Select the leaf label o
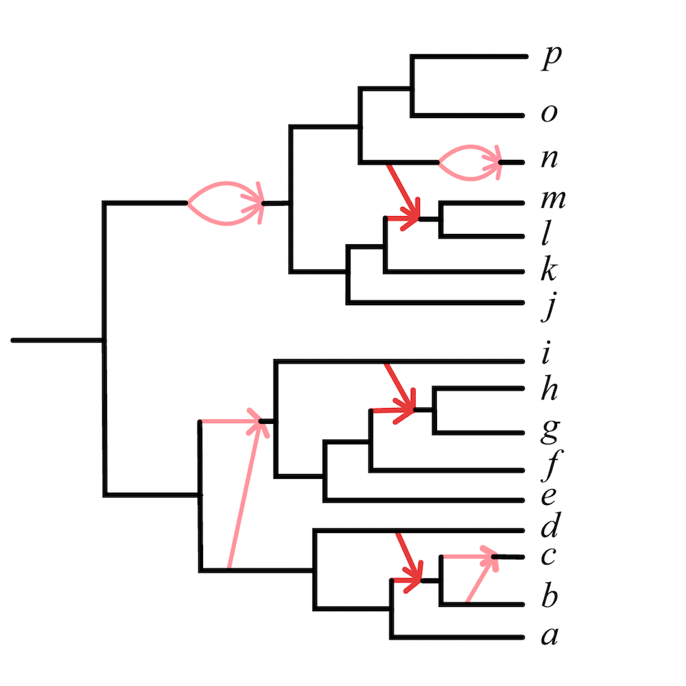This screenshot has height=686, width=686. (549, 114)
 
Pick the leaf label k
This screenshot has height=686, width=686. (549, 272)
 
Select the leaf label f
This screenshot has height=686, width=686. (548, 471)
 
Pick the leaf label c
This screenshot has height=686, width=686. (548, 558)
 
